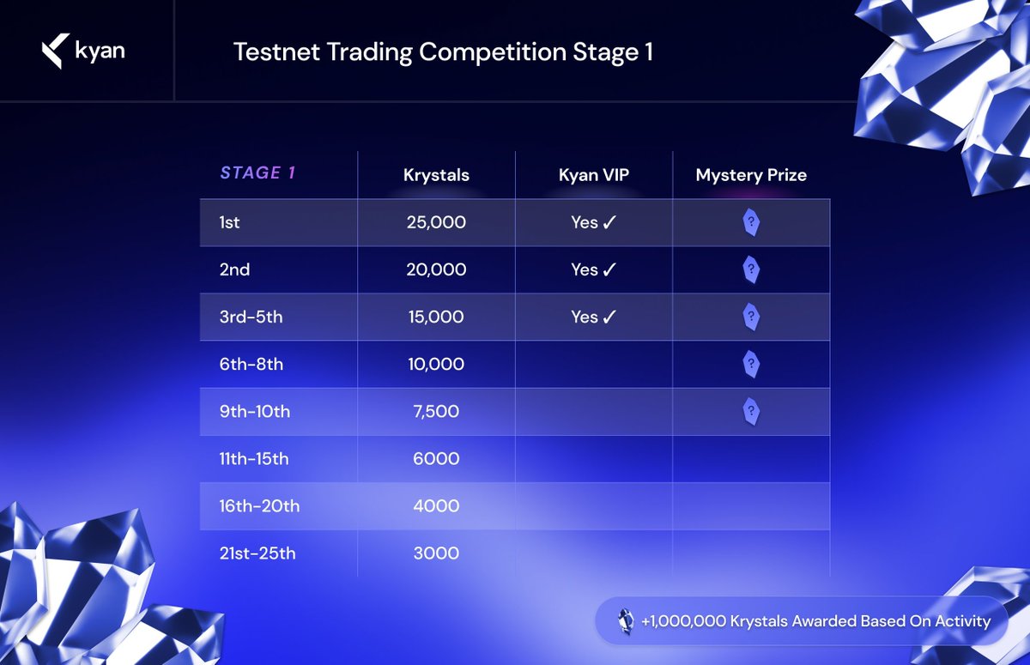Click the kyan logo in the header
tap(83, 51)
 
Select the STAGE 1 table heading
tap(257, 173)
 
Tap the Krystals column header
tap(436, 175)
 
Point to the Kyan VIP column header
tap(594, 175)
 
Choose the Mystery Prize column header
tap(751, 175)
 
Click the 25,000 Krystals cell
tap(436, 223)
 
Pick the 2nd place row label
tap(234, 270)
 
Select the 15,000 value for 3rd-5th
tap(436, 317)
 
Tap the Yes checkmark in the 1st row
tap(594, 223)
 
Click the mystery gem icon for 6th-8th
tap(751, 365)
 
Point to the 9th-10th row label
tap(254, 412)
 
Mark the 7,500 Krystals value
tap(436, 412)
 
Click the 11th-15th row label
tap(253, 459)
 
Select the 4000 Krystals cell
tap(436, 506)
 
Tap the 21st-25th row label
tap(257, 553)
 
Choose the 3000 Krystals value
tap(436, 553)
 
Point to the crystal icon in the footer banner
tap(626, 621)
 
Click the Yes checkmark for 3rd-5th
tap(594, 317)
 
